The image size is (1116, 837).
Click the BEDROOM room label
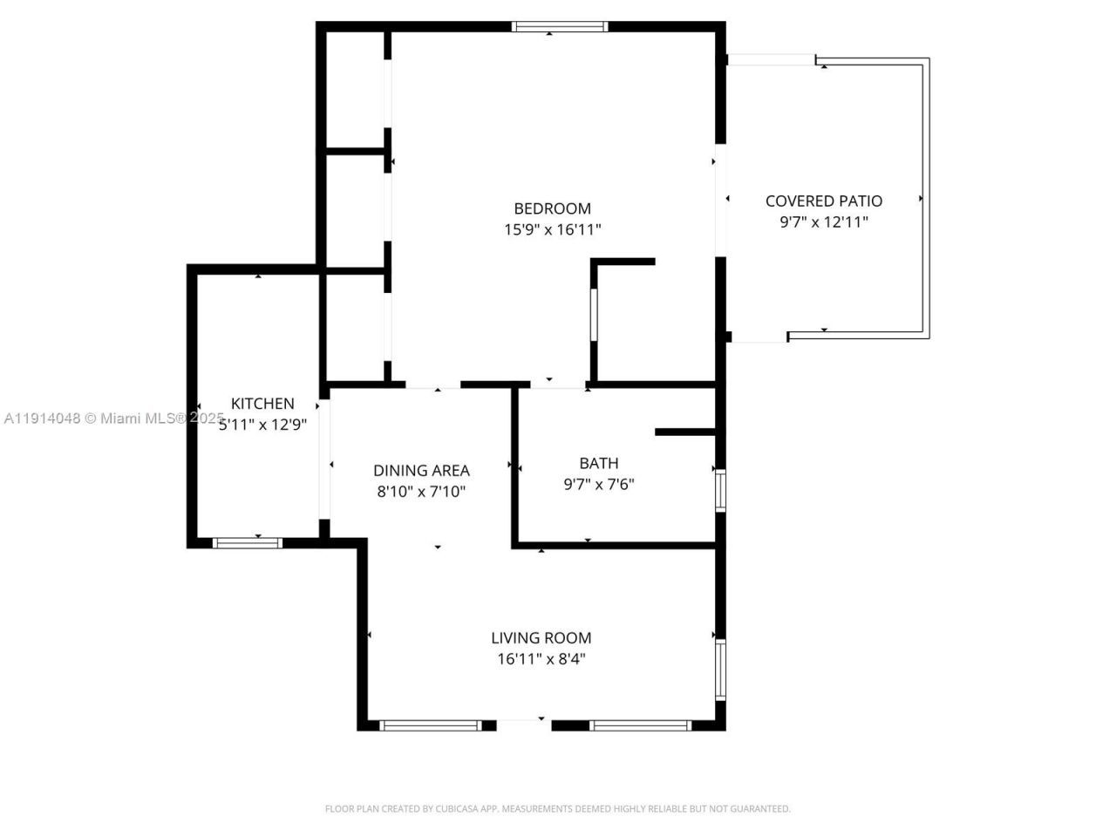coord(552,208)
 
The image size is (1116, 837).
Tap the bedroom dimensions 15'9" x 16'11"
coord(552,229)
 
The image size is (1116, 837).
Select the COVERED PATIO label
coord(824,201)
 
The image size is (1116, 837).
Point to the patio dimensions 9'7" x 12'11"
coord(824,221)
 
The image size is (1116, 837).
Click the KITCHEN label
coord(262,404)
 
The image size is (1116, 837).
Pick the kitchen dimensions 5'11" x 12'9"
coord(262,425)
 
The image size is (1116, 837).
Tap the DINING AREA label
coord(421,471)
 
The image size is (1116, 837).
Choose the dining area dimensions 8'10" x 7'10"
coord(421,492)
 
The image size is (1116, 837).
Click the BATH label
coord(599,463)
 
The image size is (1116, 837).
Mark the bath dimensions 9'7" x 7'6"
coord(599,484)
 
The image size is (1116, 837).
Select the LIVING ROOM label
coord(541,638)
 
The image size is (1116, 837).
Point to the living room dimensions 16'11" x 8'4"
coord(541,659)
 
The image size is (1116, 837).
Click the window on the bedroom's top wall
coord(559,27)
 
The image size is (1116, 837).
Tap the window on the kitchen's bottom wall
coord(248,543)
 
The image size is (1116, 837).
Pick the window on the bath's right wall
coord(720,489)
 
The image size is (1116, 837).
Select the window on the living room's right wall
coord(720,670)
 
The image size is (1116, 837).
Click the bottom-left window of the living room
coord(431,725)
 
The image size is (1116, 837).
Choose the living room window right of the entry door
coord(641,725)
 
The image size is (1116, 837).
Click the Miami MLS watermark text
coord(114,418)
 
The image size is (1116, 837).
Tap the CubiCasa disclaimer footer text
coord(558,809)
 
